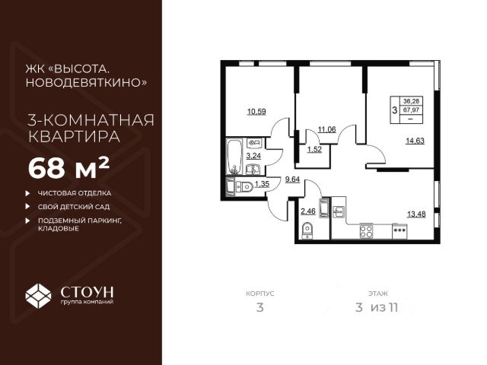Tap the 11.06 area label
[327, 129]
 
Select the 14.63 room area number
[415, 140]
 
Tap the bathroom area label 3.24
[253, 156]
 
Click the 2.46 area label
[307, 211]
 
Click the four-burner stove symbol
[366, 230]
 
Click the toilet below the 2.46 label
[307, 230]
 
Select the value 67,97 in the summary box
[415, 109]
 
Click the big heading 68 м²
[68, 166]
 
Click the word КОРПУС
[259, 291]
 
